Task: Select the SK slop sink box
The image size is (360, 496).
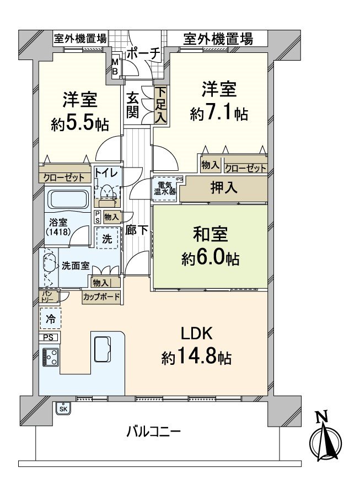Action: pyautogui.click(x=63, y=408)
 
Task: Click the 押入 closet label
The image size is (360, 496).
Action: pyautogui.click(x=224, y=187)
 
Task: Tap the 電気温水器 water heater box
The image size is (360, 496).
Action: pyautogui.click(x=165, y=188)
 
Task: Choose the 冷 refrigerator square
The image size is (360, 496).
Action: pyautogui.click(x=50, y=318)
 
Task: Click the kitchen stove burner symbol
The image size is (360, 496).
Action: pyautogui.click(x=51, y=358)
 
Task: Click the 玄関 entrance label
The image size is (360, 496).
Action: pyautogui.click(x=133, y=105)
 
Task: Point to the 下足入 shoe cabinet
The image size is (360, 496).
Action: pyautogui.click(x=160, y=105)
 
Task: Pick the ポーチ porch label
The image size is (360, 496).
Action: pyautogui.click(x=143, y=54)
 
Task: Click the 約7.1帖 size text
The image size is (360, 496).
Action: pyautogui.click(x=218, y=114)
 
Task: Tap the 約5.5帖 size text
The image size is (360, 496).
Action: pyautogui.click(x=79, y=123)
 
